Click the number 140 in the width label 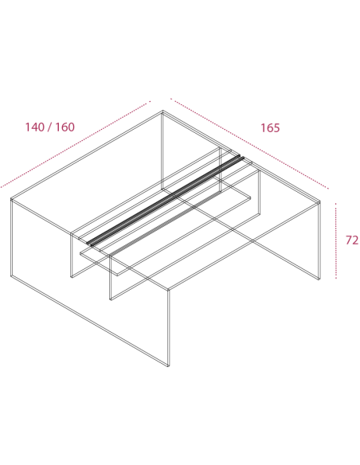[34, 127]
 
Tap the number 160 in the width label [65, 127]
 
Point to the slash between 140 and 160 [50, 127]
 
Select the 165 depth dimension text [270, 128]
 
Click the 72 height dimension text [352, 240]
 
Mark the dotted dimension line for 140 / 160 [76, 144]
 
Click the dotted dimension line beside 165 [249, 143]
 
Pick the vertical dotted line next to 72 [335, 240]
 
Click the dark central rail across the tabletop [165, 201]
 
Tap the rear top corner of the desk [162, 111]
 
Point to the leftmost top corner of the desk [11, 199]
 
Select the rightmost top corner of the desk [320, 201]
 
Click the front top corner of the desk [168, 290]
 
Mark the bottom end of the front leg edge [168, 366]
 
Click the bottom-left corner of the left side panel [11, 276]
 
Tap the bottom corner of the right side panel [319, 279]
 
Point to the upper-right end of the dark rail [243, 156]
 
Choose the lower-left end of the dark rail [88, 245]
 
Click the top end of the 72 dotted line [335, 204]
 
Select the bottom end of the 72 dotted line [336, 278]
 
